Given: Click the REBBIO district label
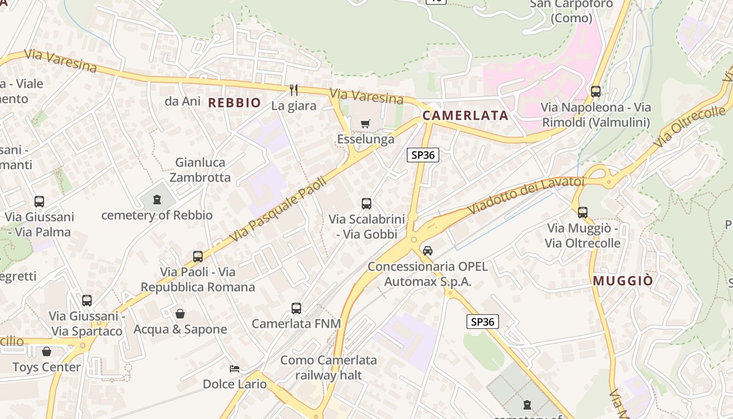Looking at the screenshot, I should point(235,103).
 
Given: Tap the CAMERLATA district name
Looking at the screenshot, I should point(465,116).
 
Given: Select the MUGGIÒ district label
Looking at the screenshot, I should point(623,281).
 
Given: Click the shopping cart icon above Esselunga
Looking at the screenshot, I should point(365,124).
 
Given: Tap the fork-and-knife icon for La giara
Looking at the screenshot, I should point(294,90).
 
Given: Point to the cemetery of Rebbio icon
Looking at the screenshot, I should point(157,199).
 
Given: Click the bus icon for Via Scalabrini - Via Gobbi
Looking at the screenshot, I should point(366,204).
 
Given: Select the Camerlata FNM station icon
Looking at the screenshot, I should point(296,308).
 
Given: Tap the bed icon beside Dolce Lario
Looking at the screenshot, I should point(235,369).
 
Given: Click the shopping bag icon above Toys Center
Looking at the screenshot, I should point(47,351).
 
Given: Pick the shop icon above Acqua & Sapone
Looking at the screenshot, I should point(180,314).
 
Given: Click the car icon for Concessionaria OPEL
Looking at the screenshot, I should point(428,251).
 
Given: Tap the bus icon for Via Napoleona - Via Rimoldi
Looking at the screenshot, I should point(596,92).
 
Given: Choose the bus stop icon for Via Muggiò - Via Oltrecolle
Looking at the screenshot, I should point(583,213).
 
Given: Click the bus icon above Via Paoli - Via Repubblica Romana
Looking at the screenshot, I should point(198,257).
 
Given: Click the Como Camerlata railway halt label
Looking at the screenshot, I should point(328,367).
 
